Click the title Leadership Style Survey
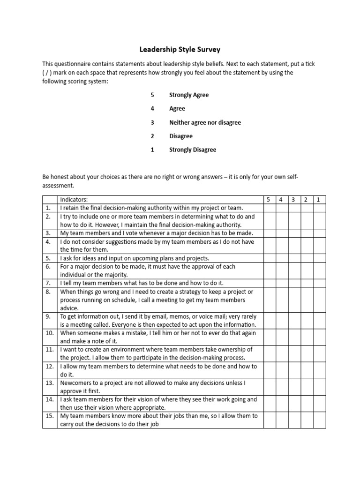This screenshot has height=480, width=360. [180, 49]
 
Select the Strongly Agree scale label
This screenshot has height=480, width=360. [189, 95]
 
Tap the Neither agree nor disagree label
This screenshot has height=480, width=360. [205, 122]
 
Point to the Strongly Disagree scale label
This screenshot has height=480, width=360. [192, 150]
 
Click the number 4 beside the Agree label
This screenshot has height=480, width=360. [152, 109]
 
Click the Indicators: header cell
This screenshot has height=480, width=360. [74, 200]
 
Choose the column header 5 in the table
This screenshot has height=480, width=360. [269, 200]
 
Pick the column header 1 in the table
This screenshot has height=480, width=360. [318, 200]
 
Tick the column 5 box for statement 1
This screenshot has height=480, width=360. [269, 208]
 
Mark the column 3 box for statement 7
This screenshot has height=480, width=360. [294, 283]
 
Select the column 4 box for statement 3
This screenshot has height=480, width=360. [281, 233]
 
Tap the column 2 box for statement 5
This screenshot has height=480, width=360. [306, 258]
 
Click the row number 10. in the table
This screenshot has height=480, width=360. [49, 333]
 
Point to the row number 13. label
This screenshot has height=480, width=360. [49, 383]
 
